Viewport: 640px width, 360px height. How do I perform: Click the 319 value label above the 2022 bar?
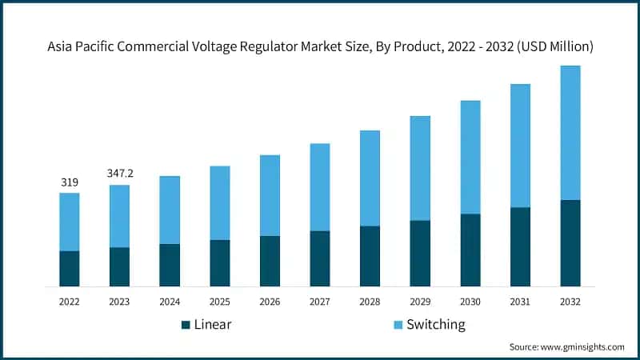pyautogui.click(x=70, y=182)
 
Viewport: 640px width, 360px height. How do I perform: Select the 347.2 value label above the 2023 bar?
pyautogui.click(x=119, y=174)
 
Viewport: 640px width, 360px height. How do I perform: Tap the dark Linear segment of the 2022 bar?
pyautogui.click(x=70, y=268)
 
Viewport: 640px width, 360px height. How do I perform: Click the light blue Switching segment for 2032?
pyautogui.click(x=570, y=132)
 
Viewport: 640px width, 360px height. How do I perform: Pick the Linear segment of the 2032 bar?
pyautogui.click(x=570, y=242)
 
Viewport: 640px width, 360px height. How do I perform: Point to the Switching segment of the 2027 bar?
pyautogui.click(x=320, y=187)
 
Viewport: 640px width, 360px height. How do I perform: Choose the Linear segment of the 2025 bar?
pyautogui.click(x=220, y=262)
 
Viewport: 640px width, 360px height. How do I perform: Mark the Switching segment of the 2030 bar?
pyautogui.click(x=470, y=157)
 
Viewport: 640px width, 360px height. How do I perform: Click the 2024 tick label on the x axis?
pyautogui.click(x=170, y=302)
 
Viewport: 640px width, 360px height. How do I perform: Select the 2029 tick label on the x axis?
pyautogui.click(x=420, y=302)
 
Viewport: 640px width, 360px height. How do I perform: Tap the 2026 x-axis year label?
pyautogui.click(x=270, y=302)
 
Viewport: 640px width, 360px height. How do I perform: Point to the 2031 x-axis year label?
pyautogui.click(x=520, y=302)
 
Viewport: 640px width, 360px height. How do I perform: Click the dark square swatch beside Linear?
pyautogui.click(x=186, y=325)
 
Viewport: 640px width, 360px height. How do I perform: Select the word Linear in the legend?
pyautogui.click(x=214, y=325)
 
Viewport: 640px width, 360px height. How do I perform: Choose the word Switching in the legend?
pyautogui.click(x=435, y=325)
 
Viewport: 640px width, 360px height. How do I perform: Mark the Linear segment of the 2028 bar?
pyautogui.click(x=370, y=256)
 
